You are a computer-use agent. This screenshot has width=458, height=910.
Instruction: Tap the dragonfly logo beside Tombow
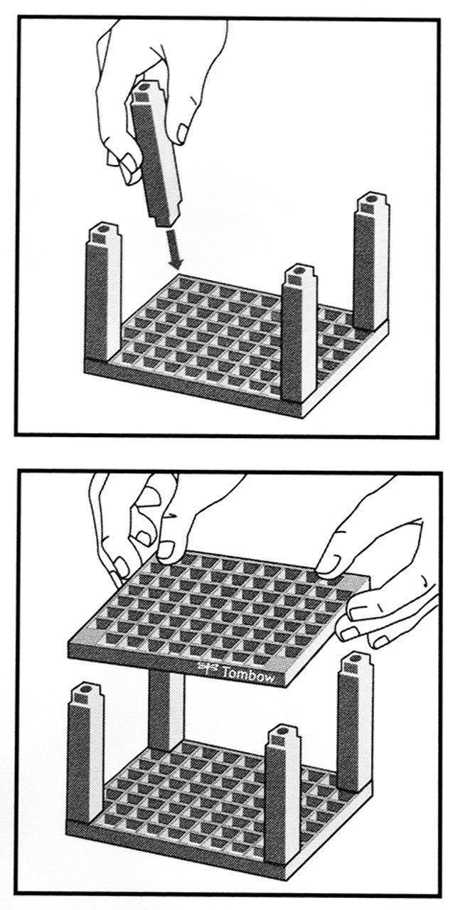206,666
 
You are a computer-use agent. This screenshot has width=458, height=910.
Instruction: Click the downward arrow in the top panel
173,248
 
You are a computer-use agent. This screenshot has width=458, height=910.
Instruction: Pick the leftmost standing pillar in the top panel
103,292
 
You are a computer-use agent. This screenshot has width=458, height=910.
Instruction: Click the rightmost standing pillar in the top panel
371,262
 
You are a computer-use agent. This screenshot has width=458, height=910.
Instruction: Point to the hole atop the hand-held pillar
145,87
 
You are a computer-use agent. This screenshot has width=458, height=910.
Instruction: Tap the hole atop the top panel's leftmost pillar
105,230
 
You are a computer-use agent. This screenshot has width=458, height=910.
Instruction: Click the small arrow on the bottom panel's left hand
172,516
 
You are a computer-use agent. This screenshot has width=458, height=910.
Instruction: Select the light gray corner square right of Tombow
277,665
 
